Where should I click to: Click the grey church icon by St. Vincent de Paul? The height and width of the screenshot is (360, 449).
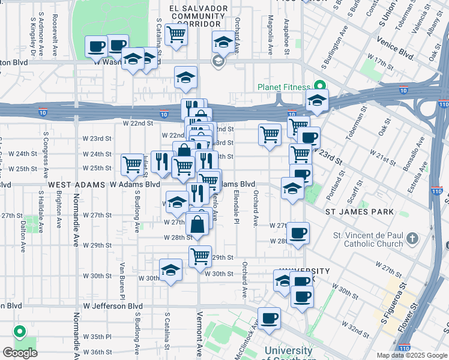412,239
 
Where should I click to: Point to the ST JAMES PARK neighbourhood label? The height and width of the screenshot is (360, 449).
360,212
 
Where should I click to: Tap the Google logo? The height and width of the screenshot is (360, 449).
20,353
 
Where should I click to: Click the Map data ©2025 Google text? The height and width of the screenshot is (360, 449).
412,355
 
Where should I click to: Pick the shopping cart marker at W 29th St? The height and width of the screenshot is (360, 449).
200,256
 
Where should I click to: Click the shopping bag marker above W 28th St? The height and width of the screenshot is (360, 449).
197,225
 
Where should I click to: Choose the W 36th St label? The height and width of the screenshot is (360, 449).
97,352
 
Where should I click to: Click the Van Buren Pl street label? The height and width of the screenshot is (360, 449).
121,280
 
